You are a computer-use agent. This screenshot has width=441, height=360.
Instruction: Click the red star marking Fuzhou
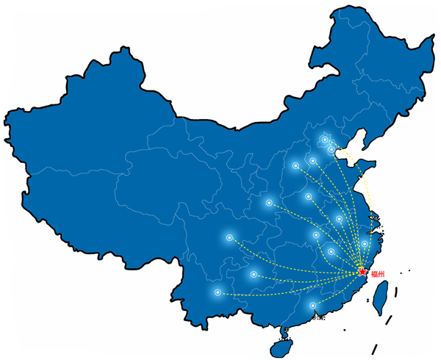coord(363,272)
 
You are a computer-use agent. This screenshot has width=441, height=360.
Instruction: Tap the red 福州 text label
coord(378,274)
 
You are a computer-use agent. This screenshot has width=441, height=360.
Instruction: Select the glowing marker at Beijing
coord(325,140)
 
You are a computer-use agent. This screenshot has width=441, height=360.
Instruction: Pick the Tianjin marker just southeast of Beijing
coord(331,149)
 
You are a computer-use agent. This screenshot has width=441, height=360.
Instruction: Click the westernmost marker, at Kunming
coord(218,292)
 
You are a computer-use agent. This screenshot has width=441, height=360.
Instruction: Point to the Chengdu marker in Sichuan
coord(229,237)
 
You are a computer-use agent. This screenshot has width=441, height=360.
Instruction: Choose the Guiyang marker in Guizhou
coord(254,274)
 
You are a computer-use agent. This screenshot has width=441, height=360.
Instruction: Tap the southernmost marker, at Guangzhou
coord(312,306)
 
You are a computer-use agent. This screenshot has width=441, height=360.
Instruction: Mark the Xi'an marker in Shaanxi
coord(269,202)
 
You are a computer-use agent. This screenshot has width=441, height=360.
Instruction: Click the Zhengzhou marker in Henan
coord(308,196)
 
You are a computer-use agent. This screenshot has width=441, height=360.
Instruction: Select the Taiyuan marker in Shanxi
coord(295,165)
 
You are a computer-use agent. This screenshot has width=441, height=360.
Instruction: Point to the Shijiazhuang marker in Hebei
coord(312,161)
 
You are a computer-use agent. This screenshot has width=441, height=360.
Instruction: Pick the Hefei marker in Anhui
coord(339,219)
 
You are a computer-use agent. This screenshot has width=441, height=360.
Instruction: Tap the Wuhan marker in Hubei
coord(316,234)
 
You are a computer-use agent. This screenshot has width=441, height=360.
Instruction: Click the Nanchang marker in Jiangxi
coord(331,251)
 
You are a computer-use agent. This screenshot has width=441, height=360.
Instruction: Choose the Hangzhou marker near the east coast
coord(365,243)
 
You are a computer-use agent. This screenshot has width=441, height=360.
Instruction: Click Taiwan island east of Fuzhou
coord(381,298)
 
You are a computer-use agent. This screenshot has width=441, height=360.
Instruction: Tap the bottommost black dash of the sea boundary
coord(374,349)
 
